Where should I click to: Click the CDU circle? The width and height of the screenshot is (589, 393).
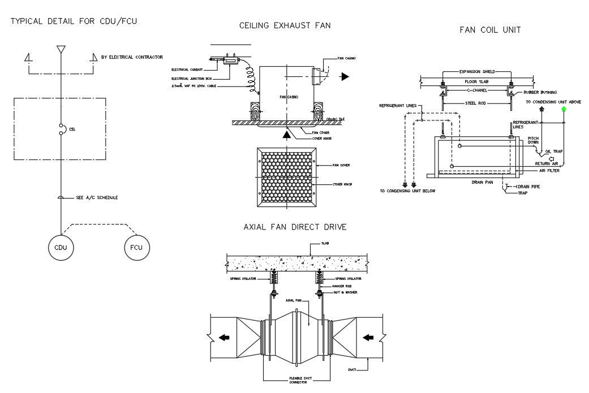tap(61, 247)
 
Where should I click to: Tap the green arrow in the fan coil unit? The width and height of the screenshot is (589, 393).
tap(564, 111)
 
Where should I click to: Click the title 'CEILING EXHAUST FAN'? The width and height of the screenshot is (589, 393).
tap(285, 25)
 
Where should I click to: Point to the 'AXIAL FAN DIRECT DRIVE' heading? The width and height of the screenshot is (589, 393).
tap(294, 227)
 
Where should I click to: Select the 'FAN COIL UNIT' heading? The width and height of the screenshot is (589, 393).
tap(490, 29)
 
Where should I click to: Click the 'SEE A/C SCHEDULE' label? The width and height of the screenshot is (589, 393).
tap(97, 197)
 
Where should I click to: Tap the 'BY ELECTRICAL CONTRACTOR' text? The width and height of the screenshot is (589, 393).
tap(132, 57)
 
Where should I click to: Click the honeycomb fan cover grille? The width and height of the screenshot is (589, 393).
tap(286, 177)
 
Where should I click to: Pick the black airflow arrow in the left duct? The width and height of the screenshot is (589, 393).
tap(225, 338)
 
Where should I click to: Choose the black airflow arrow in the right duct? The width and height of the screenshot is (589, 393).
tap(368, 338)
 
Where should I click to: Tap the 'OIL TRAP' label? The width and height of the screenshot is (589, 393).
tap(555, 150)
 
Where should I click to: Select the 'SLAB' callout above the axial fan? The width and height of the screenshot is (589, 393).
tap(325, 243)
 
